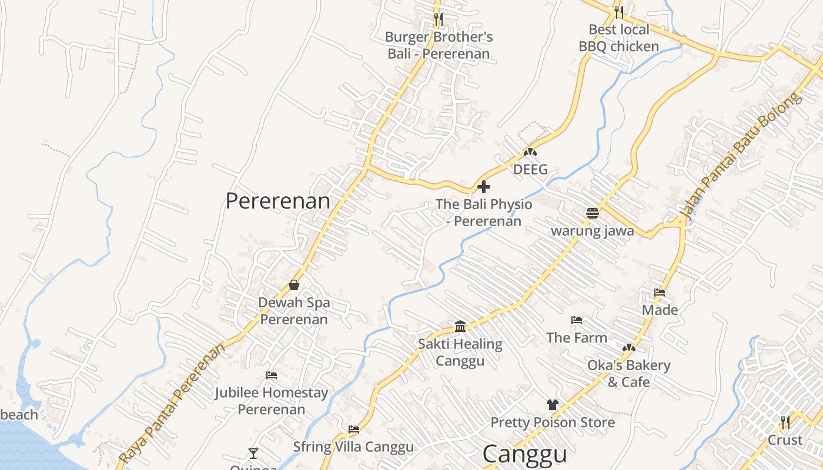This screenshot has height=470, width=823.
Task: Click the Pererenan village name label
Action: (277, 201)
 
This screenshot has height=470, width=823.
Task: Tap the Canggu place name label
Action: (524, 454)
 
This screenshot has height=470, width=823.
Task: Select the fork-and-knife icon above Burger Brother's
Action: (438, 19)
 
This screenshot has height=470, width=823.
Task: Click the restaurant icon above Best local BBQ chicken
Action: (618, 11)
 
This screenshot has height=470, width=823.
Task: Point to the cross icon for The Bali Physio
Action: (484, 187)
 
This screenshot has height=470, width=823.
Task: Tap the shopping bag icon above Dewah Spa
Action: (294, 285)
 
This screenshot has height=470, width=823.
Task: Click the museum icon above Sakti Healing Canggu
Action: (460, 326)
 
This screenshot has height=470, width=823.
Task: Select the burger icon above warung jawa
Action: (592, 213)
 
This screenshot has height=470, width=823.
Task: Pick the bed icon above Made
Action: (660, 292)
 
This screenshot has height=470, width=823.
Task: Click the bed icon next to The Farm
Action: (577, 320)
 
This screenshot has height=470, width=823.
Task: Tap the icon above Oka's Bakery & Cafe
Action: (629, 348)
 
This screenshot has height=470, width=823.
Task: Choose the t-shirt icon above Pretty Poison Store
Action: (552, 404)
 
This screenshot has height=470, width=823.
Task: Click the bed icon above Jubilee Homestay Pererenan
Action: (271, 375)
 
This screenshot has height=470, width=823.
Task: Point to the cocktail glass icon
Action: (253, 453)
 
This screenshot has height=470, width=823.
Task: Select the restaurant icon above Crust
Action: (785, 422)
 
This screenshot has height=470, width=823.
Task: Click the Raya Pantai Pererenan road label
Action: (172, 404)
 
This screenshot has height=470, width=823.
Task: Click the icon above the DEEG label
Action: (530, 152)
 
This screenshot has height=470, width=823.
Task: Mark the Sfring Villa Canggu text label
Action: (353, 446)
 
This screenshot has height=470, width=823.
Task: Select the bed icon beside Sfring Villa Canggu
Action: (353, 429)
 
